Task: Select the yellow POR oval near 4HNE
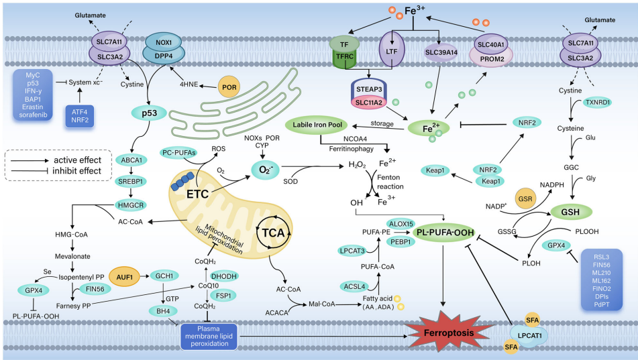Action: coord(228,88)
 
